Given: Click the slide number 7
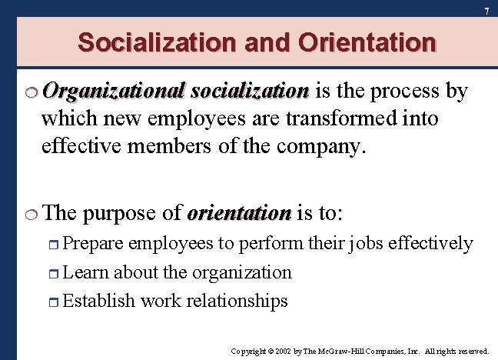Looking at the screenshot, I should coord(486,11).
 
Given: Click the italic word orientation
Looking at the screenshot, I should coord(238,212).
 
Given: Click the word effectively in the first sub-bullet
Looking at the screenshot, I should coord(430,244).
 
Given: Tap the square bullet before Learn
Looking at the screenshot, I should coord(53,273).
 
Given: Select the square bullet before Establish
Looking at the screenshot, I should coord(53,301).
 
